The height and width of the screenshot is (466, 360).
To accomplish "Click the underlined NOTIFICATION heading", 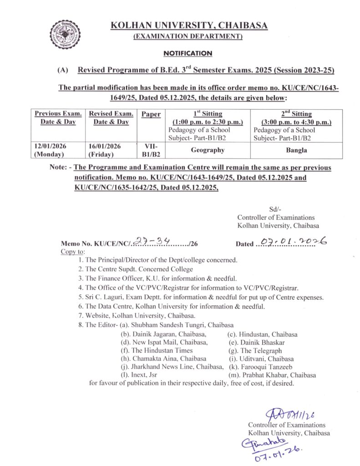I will pyautogui.click(x=188, y=53).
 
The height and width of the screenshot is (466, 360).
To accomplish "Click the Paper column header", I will pyautogui.click(x=151, y=114).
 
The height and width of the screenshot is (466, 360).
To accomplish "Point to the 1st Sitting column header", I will pyautogui.click(x=207, y=114).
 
